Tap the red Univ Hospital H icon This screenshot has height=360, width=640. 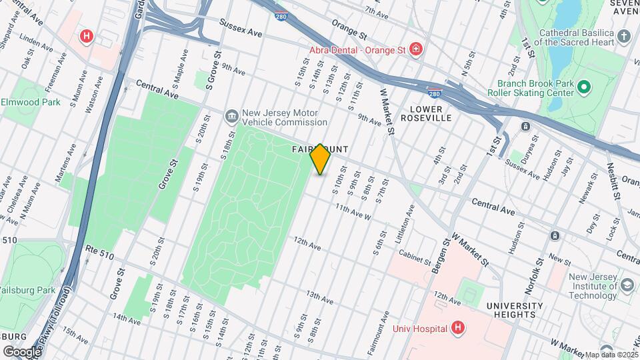(457, 327)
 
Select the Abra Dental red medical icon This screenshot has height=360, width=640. (415, 49)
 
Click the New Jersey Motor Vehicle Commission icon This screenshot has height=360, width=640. (231, 117)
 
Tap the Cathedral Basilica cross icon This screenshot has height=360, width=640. (623, 36)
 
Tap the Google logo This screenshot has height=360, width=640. (21, 351)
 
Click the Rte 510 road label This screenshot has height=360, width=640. (100, 249)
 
